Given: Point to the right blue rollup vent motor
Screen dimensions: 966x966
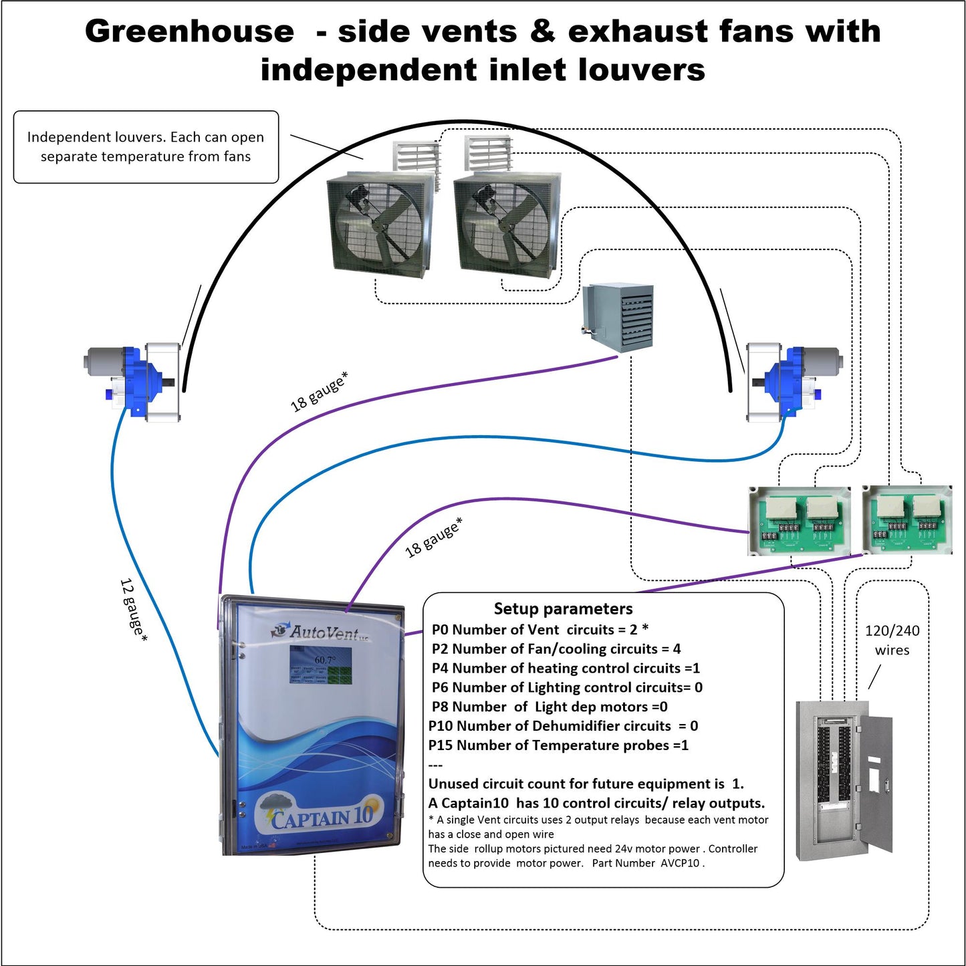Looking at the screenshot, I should pos(792,382).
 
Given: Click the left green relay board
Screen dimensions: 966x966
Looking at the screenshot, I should pos(799,521).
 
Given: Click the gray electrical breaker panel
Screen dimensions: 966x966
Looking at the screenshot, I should pos(844,779).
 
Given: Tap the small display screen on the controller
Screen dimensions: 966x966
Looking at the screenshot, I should pos(321,665).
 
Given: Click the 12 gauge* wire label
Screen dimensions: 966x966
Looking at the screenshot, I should pos(133,610).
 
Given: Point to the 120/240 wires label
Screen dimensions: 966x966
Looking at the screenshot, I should pos(892,640).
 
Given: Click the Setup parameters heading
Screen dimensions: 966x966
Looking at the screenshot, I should pos(563,608).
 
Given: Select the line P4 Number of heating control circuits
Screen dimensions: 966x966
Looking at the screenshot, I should pos(566,668).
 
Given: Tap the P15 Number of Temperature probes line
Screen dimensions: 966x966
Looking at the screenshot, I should pos(558,745).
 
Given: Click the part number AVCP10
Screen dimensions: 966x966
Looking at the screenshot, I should pos(681,863).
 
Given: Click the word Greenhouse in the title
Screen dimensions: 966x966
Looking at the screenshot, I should pos(189,31).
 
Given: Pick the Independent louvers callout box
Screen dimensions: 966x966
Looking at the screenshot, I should pos(146,147).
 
